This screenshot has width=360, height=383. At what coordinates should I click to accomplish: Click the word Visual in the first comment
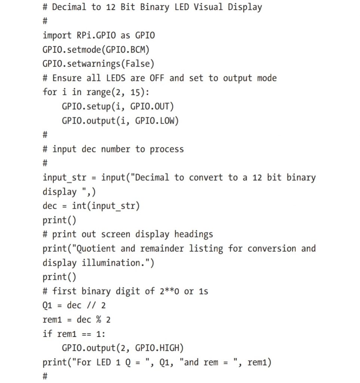click(208, 7)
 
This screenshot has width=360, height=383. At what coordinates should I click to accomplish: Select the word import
click(57, 36)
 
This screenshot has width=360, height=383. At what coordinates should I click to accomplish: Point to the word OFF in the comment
click(157, 78)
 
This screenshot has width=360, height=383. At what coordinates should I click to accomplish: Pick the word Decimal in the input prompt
click(152, 177)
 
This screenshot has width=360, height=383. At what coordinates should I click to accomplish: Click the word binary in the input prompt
click(301, 178)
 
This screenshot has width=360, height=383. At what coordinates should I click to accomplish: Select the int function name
click(79, 206)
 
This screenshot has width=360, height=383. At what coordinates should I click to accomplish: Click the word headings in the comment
click(194, 235)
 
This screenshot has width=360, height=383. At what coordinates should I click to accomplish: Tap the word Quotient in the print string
click(96, 248)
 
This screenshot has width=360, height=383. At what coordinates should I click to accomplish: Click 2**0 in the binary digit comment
click(169, 291)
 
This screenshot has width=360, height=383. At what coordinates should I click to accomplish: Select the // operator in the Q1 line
click(91, 305)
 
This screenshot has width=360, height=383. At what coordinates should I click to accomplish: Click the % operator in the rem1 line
click(98, 319)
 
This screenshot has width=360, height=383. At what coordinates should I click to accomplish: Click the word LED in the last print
click(104, 362)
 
